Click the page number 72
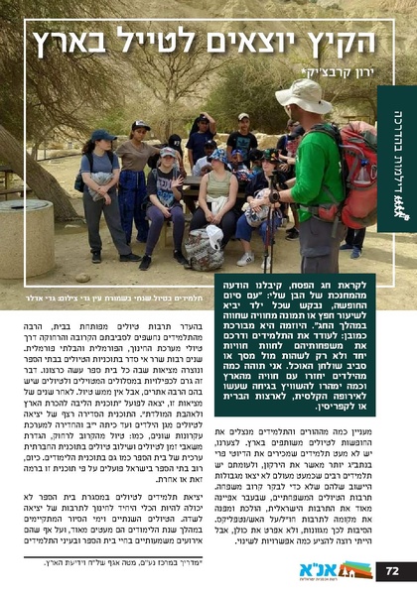tap(392, 570)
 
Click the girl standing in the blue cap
tap(102, 188)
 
